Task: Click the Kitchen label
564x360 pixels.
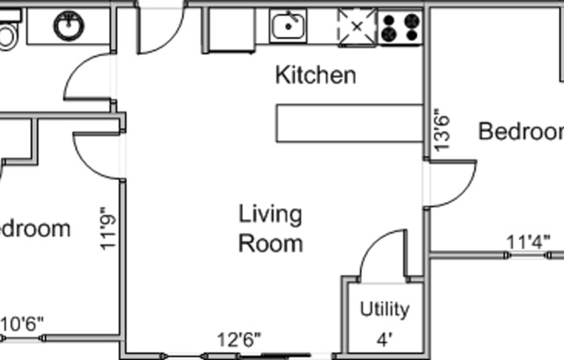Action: pos(315,75)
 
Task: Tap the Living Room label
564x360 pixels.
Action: pos(270,228)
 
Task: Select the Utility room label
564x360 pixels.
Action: pos(384,310)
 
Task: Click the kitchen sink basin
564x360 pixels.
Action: pos(287,27)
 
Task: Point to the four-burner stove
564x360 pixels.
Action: pos(401,27)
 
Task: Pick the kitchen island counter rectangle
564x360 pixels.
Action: pos(349,123)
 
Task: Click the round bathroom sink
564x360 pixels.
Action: pos(68,26)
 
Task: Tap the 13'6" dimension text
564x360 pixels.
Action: pos(442,130)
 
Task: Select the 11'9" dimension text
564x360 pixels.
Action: pos(106,228)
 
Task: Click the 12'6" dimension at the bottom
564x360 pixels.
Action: pos(238,338)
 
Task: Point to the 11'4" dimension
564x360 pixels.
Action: pos(529,242)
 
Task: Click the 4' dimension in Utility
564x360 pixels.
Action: pos(383,339)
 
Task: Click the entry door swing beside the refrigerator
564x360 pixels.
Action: pos(161,29)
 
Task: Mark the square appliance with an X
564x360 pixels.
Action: pos(356,27)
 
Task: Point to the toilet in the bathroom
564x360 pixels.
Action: pos(7,35)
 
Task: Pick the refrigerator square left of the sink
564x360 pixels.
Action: pos(227,30)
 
